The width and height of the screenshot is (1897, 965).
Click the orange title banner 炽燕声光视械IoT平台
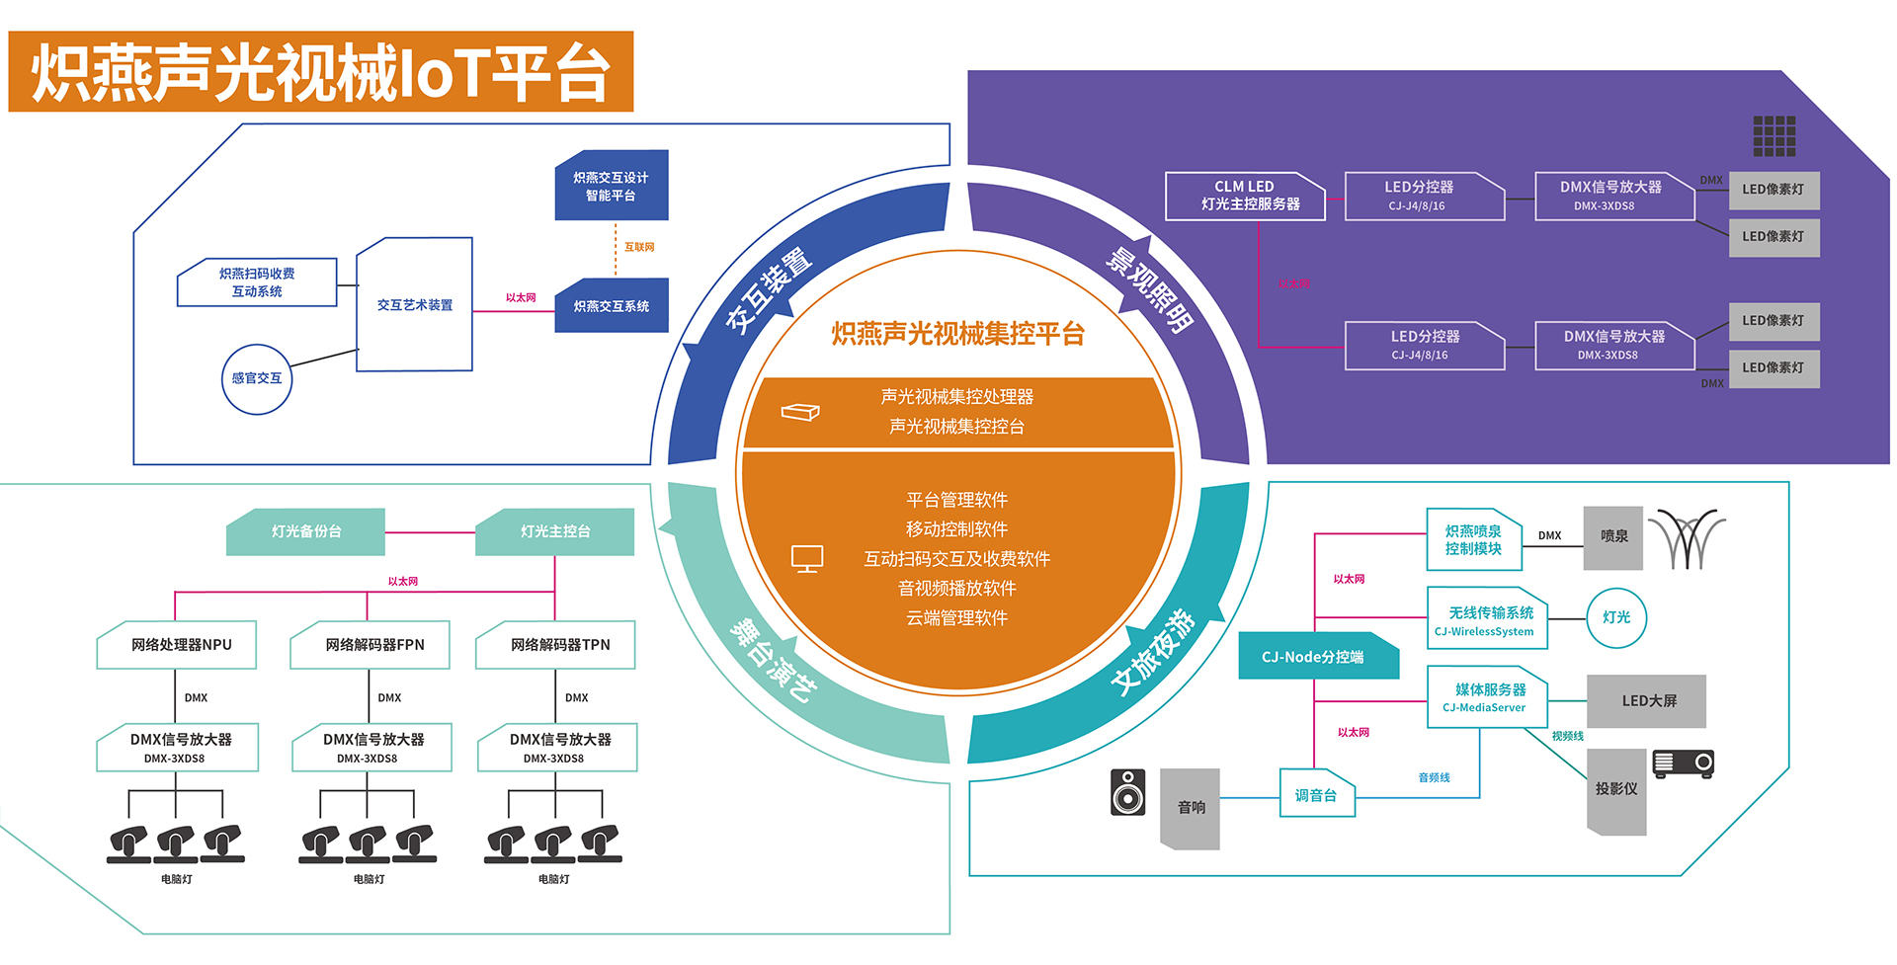pos(321,71)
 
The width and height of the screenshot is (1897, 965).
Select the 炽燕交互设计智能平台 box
pos(612,186)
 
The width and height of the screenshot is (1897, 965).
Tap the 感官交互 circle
pos(257,378)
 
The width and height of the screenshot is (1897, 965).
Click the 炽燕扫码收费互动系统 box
pos(257,282)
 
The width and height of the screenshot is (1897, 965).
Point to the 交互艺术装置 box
pos(415,305)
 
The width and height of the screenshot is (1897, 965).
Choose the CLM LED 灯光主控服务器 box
pos(1245,196)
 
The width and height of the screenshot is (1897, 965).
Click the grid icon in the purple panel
pos(1774,136)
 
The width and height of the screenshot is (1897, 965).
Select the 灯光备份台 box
pos(306,531)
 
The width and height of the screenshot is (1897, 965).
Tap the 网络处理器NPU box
pos(178,645)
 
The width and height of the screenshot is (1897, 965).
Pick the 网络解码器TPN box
pos(556,645)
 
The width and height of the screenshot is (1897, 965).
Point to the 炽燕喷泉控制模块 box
pos(1473,540)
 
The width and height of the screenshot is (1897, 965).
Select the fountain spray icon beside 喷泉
pos(1688,539)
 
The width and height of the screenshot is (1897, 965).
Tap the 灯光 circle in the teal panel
pos(1616,617)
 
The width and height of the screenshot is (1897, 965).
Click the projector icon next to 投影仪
pos(1684,764)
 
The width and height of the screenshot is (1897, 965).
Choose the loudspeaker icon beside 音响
pos(1127,792)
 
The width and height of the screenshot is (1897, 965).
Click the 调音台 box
pos(1317,794)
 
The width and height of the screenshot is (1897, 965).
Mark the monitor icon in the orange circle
pos(807,559)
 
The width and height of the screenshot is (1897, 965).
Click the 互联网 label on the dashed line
pos(639,247)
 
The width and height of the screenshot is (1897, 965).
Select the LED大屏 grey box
pos(1647,701)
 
